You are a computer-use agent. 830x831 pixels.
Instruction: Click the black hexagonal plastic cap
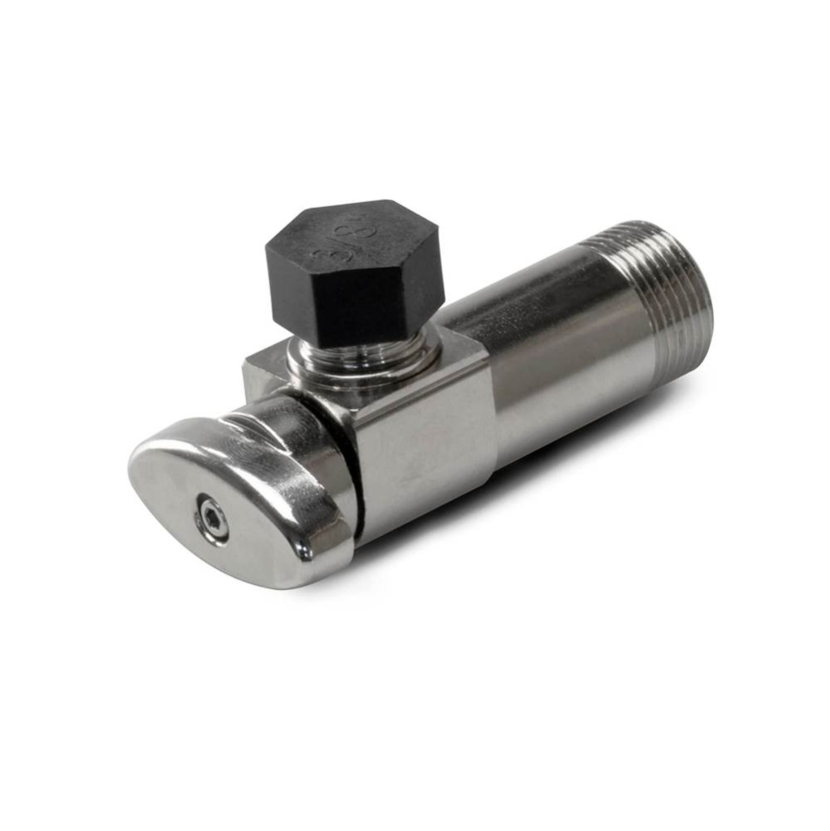(354, 266)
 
